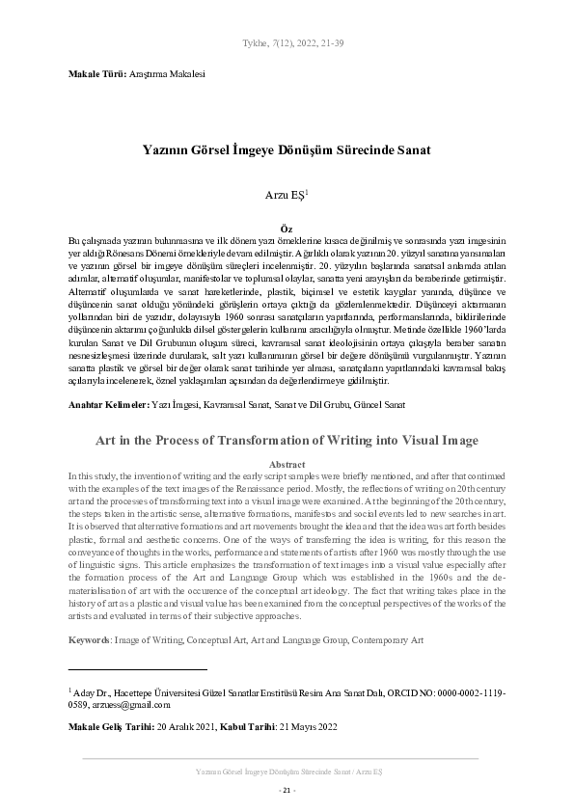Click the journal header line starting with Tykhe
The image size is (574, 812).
click(x=287, y=43)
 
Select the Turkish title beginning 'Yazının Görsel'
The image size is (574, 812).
click(x=287, y=151)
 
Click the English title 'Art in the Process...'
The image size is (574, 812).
click(x=287, y=440)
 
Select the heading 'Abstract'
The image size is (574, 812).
click(x=287, y=464)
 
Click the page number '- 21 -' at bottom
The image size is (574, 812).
click(x=287, y=790)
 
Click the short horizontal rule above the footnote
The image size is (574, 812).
click(x=138, y=667)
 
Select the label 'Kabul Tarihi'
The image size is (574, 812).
click(x=248, y=725)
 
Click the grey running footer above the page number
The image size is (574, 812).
click(x=287, y=772)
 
